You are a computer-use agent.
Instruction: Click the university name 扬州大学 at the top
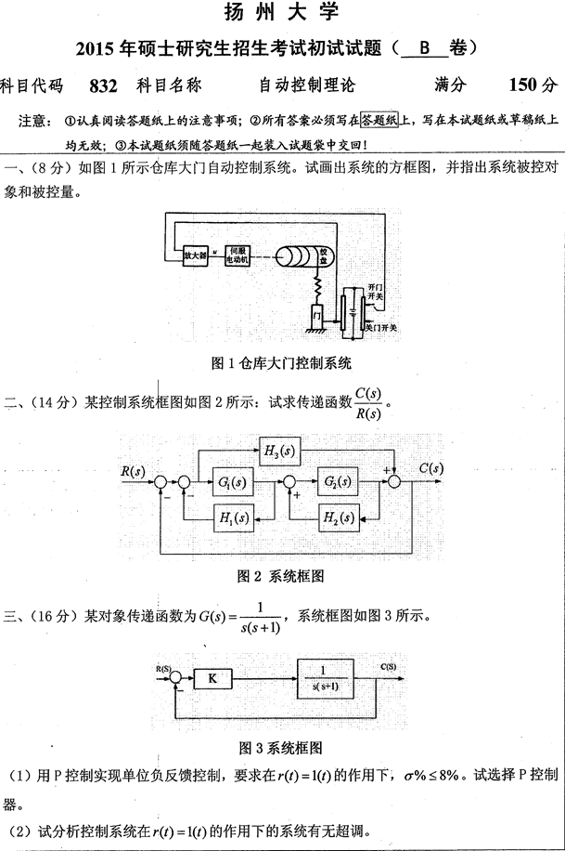click(282, 12)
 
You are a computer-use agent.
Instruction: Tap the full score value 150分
click(533, 85)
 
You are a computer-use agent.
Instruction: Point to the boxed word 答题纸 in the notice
click(379, 120)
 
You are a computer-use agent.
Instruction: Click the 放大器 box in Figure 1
click(195, 254)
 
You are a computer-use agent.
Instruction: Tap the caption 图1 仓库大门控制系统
click(282, 362)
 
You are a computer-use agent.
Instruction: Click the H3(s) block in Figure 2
click(282, 452)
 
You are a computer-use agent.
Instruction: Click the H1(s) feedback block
click(233, 517)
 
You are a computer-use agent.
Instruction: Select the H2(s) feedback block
click(337, 517)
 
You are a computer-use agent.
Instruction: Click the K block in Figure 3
click(212, 679)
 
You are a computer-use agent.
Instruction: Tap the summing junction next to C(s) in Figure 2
click(396, 481)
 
